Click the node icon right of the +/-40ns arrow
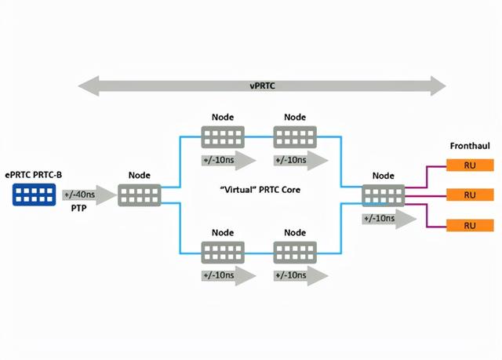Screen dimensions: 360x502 tap(139, 195)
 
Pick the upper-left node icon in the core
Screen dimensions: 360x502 tap(223, 137)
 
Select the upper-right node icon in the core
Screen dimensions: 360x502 tap(294, 137)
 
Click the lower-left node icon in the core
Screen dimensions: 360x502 tap(223, 253)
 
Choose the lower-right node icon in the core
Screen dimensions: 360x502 tap(294, 253)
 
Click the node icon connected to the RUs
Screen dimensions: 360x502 tap(384, 195)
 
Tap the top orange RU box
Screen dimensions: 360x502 tap(470, 165)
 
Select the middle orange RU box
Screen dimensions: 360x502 tap(470, 195)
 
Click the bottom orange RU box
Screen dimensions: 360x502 tap(470, 225)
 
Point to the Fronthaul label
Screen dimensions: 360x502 tap(470, 147)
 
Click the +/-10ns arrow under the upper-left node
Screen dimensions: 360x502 tap(227, 160)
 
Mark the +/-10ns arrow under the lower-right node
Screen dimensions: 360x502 tap(299, 275)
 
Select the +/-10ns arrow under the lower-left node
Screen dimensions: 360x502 tap(227, 275)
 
